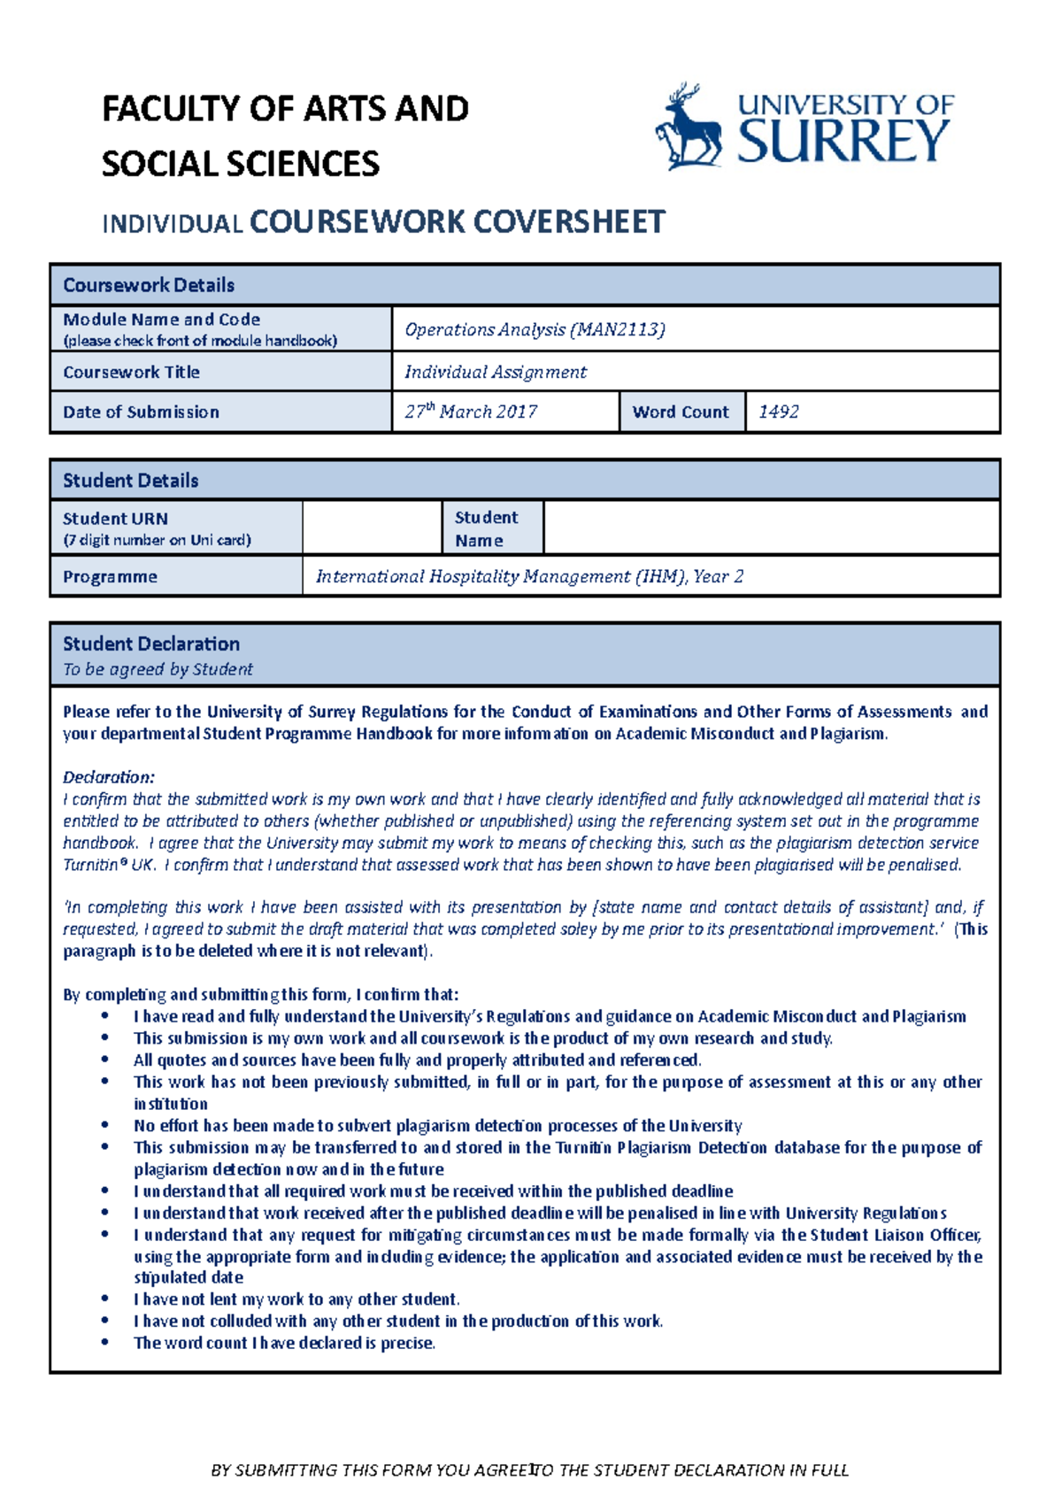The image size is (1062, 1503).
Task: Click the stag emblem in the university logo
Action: point(687,128)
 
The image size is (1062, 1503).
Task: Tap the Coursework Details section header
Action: point(149,285)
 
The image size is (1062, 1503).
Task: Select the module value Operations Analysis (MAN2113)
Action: point(535,329)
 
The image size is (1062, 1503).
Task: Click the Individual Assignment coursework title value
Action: point(496,372)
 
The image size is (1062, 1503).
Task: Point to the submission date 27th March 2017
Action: point(471,412)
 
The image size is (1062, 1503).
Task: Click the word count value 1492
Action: point(779,412)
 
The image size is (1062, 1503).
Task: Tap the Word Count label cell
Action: point(681,412)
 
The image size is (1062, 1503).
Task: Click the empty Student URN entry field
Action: point(372,528)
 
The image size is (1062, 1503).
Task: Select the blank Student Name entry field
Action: point(770,528)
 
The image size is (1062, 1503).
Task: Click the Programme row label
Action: point(110,576)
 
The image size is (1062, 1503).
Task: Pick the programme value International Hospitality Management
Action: point(529,576)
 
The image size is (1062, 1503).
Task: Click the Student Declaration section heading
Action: point(151,644)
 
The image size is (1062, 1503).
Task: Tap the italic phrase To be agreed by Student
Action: point(158,669)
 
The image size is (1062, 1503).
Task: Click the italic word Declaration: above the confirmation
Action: point(109,777)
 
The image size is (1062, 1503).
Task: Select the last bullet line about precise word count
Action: point(284,1343)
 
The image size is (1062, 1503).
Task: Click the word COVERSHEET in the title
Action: point(568,221)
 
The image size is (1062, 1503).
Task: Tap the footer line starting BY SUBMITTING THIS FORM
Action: point(529,1470)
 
